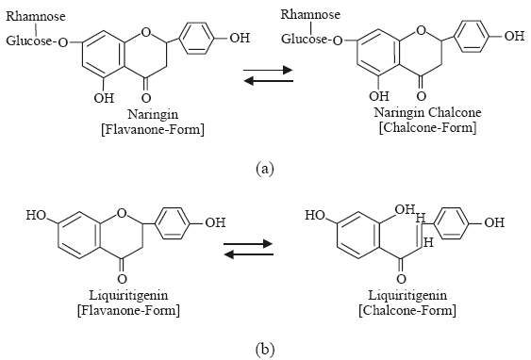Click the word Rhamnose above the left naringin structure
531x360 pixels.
(x=36, y=16)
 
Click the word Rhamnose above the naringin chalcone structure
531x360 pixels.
(x=310, y=14)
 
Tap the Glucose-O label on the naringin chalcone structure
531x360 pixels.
(x=312, y=40)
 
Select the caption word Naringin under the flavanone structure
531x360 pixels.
(x=153, y=114)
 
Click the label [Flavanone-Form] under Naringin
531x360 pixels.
(x=153, y=130)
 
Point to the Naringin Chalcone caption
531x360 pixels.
(x=427, y=112)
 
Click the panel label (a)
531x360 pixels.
(x=265, y=168)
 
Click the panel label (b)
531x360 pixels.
(x=265, y=349)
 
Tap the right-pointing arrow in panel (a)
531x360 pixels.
(x=268, y=70)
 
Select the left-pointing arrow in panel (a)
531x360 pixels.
(x=268, y=81)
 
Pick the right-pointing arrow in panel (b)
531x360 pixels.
(x=248, y=243)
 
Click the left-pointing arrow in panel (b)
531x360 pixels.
(x=249, y=254)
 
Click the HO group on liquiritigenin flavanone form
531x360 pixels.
(x=37, y=216)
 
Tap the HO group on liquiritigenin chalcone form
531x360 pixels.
(x=315, y=215)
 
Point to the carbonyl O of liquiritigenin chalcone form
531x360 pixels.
(x=401, y=279)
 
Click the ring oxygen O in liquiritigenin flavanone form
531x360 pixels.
(x=122, y=213)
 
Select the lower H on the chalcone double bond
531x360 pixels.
(x=428, y=242)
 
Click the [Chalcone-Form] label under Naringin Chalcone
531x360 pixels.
(x=427, y=127)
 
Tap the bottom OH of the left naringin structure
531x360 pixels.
(x=104, y=98)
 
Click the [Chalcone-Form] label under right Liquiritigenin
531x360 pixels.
(x=407, y=310)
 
